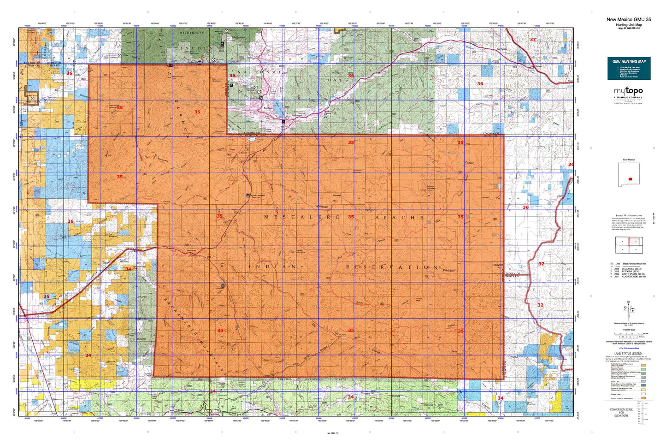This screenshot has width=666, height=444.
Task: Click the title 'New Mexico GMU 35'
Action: (628, 19)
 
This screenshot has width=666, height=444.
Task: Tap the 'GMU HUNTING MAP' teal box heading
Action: (629, 61)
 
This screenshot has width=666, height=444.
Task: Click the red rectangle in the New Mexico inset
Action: (630, 179)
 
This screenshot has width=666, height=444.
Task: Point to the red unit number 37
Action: (533, 40)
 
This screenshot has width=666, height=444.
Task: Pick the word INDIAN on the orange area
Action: (272, 266)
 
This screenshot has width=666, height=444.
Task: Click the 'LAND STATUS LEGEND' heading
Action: (628, 353)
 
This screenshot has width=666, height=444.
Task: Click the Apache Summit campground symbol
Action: (248, 196)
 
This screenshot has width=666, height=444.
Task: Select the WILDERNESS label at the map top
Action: (191, 33)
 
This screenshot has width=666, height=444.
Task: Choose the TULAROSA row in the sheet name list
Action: (628, 267)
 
